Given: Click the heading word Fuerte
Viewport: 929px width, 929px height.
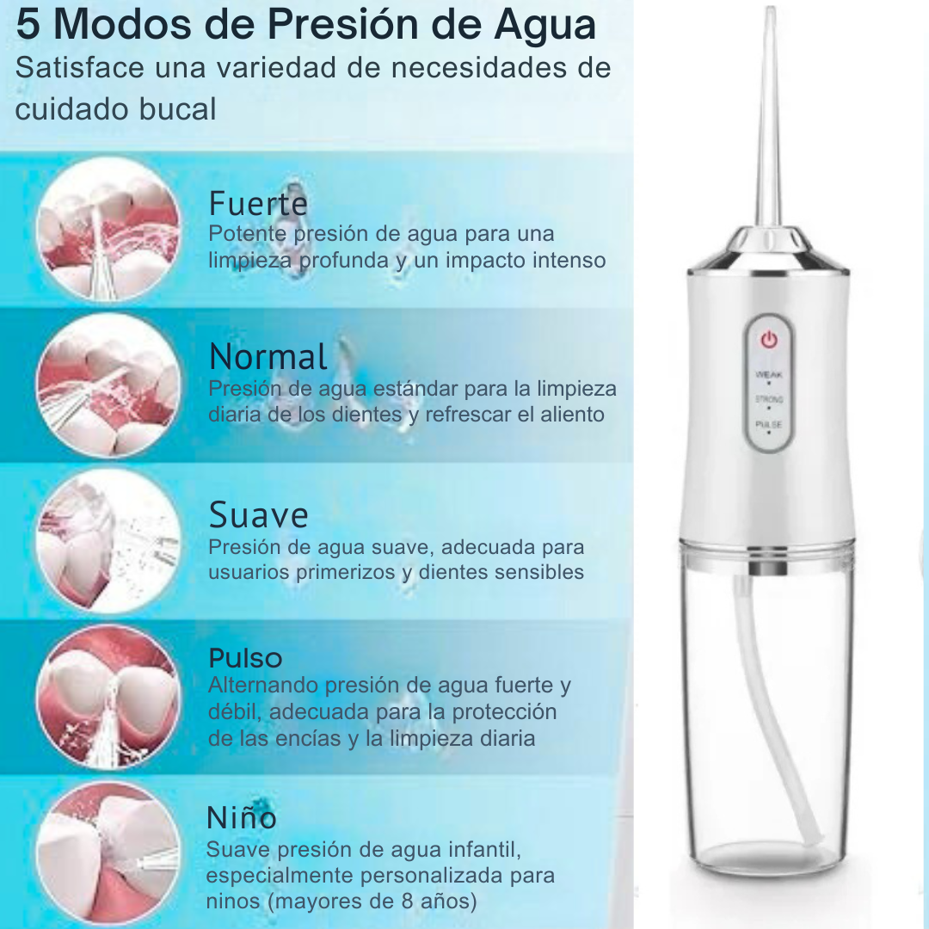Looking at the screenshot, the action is point(258,204).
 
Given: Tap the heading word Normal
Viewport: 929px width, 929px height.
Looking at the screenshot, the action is point(268,357).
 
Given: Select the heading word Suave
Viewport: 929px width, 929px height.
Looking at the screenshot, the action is point(258,515).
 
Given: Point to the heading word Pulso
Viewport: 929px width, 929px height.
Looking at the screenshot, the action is point(245,658).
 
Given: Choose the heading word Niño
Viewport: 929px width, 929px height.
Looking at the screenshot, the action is point(241,818).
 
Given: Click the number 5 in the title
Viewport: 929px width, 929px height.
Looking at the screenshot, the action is point(28,25).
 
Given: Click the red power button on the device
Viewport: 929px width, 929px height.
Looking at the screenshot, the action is point(769,340).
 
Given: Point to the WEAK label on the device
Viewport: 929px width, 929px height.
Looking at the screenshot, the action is point(769,374).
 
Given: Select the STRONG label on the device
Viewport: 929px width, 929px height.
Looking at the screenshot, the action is point(769,399).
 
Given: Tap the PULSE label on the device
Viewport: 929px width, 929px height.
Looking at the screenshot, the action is point(769,424).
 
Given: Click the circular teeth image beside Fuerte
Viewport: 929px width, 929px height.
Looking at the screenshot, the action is point(108,230).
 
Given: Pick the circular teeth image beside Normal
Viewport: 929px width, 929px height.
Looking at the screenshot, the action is point(108,385).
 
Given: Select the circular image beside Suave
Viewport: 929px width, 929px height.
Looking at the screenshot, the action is point(108,542).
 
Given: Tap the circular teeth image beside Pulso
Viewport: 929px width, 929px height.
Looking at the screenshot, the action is point(108,698).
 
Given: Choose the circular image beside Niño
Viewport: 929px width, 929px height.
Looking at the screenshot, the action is point(108,854).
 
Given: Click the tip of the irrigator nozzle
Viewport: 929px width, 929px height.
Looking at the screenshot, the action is point(770,9).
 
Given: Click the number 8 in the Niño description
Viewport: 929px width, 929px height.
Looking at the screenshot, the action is point(407,901).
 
